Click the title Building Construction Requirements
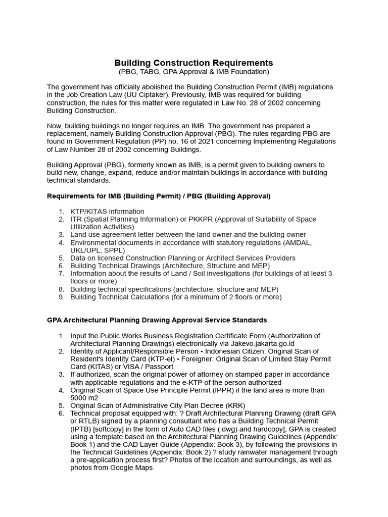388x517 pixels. point(193,63)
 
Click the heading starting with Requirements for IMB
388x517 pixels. point(159,196)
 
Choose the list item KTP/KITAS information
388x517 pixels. point(107,211)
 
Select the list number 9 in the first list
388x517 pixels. point(61,297)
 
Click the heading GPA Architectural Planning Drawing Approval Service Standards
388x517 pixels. point(157,320)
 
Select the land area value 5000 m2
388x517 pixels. point(84,398)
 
